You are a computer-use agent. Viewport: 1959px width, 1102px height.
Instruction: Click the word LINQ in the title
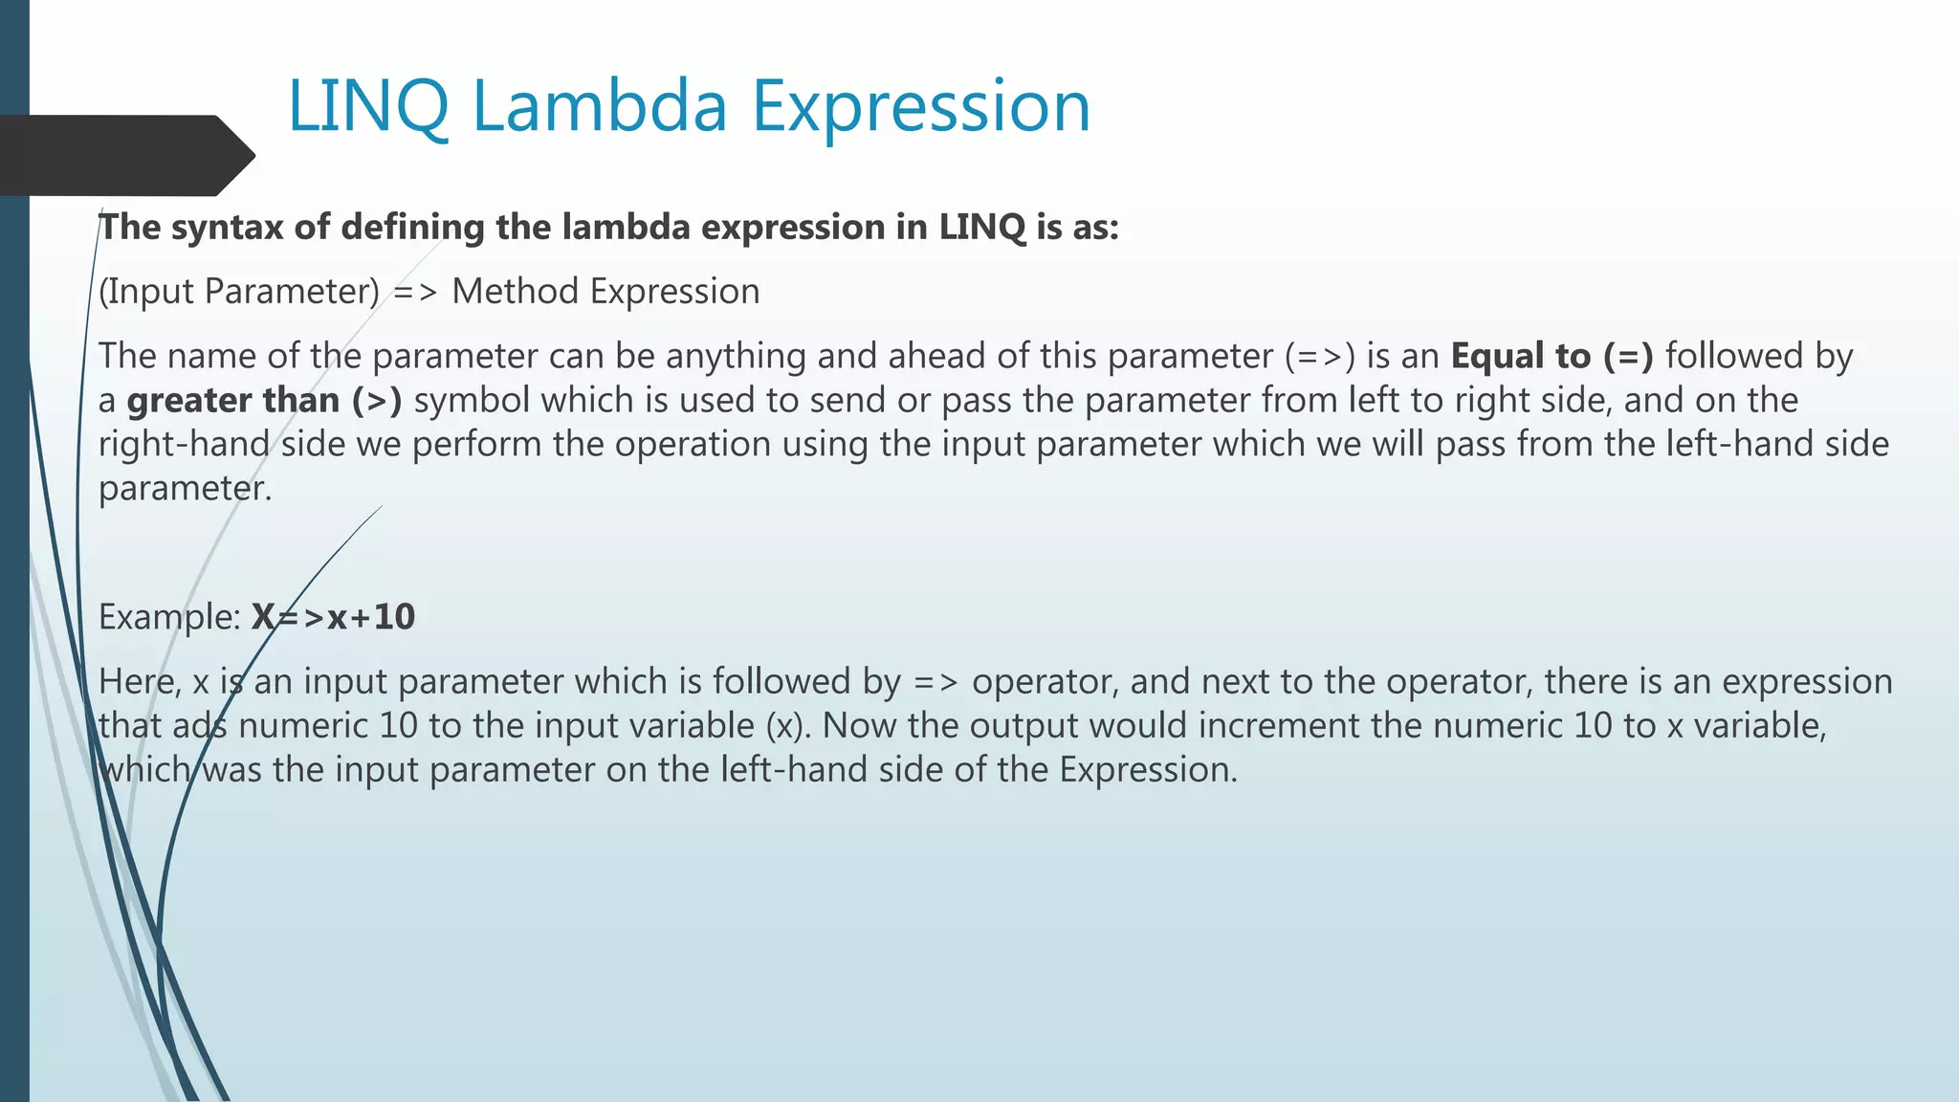coord(368,105)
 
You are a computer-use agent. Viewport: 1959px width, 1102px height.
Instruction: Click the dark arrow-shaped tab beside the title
coord(124,155)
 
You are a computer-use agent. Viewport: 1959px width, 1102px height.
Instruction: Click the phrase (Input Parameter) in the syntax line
coord(239,292)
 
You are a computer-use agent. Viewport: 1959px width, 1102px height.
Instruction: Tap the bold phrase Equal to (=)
coord(1552,356)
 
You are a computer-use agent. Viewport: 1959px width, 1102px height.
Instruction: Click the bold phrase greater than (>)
coord(264,400)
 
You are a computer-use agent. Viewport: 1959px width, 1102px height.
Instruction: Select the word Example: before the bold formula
coord(169,617)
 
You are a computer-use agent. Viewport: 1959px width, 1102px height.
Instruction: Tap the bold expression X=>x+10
coord(333,617)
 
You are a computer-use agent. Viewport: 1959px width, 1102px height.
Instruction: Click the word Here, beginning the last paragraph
coord(140,681)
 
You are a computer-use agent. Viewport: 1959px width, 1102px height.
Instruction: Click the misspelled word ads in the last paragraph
coord(200,725)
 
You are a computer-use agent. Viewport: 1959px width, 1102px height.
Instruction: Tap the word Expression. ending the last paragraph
coord(1148,769)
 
